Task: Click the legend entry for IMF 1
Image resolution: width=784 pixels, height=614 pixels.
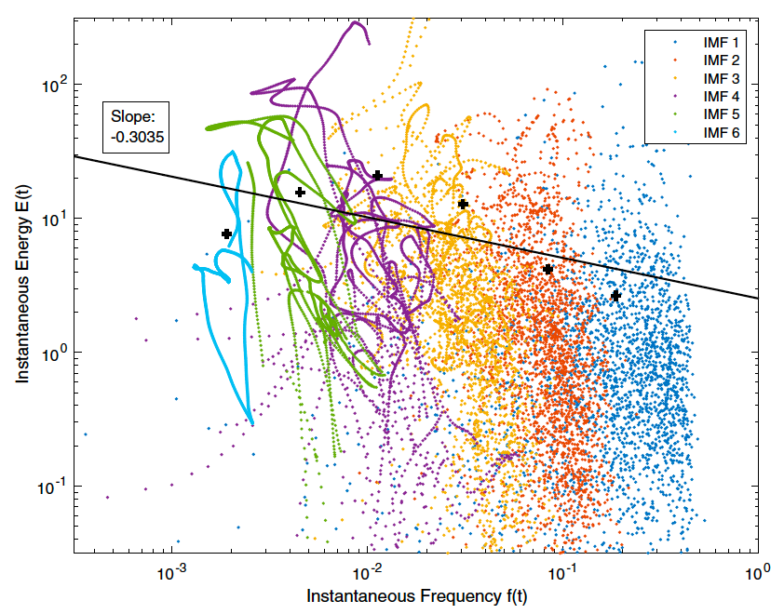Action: (720, 43)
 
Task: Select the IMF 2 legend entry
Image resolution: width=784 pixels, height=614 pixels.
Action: (720, 60)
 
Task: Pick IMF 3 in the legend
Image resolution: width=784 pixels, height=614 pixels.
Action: (720, 78)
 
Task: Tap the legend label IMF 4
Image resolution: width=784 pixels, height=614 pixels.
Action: (720, 96)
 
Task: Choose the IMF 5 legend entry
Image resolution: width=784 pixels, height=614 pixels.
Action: (720, 113)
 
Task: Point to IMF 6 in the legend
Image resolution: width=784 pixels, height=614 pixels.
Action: (720, 131)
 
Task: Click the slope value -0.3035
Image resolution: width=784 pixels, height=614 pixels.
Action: (136, 135)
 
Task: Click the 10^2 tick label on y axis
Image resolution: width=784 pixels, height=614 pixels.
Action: (54, 85)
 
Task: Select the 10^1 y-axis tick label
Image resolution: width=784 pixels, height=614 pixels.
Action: (54, 219)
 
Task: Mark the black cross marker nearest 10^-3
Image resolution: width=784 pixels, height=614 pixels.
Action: (226, 234)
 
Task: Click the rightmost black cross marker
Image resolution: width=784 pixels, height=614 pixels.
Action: (615, 295)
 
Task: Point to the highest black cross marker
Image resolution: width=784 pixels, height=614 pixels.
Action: (377, 175)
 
